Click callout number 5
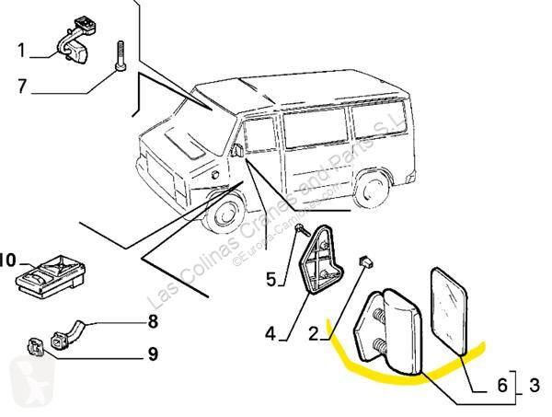(270, 279)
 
